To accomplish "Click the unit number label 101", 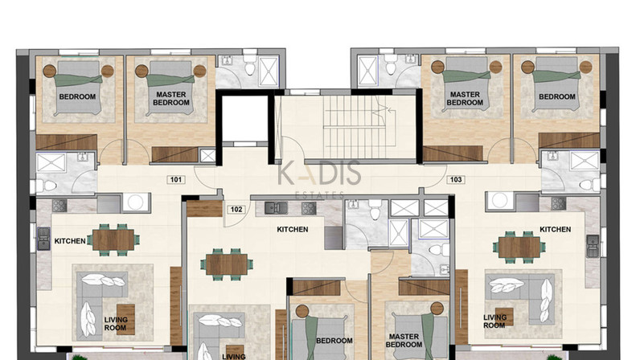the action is [176, 179].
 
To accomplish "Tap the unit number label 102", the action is [236, 210].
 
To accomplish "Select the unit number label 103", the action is [456, 179].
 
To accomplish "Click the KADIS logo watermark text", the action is [319, 174].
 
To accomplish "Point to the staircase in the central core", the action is [355, 126].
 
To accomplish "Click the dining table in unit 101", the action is [113, 240].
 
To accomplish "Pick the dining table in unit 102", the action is [227, 264].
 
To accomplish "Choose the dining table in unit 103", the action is [519, 247].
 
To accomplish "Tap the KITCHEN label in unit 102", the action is [292, 229].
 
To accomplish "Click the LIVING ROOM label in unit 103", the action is [494, 321].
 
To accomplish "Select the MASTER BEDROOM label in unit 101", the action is [171, 98].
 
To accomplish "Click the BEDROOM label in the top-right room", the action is [556, 96].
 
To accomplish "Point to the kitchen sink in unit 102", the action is [276, 208].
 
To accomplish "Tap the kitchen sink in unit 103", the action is [593, 246].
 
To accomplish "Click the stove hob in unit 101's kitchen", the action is [59, 205].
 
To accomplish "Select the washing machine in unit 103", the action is [499, 200].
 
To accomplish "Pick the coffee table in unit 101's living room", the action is [125, 319].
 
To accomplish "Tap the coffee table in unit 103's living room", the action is [504, 317].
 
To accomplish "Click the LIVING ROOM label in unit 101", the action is [116, 324].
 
